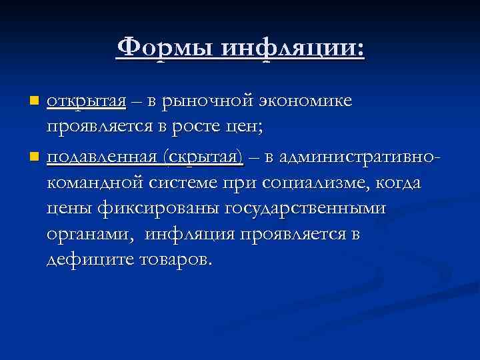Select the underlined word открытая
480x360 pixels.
tap(87, 101)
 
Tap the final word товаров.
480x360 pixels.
tap(178, 258)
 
